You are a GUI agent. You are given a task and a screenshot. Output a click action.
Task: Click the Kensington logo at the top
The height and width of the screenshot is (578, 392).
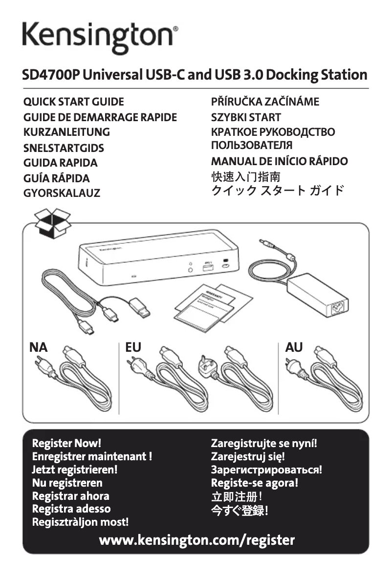(100, 35)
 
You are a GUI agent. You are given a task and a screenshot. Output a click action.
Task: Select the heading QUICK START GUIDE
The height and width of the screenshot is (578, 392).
(73, 102)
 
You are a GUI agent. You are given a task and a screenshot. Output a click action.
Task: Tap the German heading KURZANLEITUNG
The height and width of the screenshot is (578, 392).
(66, 132)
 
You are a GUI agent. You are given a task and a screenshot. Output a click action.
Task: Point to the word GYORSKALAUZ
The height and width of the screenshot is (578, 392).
(62, 193)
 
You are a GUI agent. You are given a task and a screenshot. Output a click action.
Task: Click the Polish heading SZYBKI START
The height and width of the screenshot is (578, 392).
(246, 117)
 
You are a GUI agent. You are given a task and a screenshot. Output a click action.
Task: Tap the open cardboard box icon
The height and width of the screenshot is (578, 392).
(53, 223)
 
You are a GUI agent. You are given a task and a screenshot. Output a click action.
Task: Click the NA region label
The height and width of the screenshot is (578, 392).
(39, 347)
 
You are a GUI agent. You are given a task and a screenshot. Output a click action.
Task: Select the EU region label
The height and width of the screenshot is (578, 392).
(133, 347)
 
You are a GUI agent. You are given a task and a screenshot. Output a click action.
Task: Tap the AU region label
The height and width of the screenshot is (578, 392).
(294, 347)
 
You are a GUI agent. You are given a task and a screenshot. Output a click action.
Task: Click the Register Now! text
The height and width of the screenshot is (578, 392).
(66, 444)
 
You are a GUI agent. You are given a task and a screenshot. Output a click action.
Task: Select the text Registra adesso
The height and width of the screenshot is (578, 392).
(71, 509)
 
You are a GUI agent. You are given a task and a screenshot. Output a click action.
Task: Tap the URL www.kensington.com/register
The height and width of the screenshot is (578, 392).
(196, 540)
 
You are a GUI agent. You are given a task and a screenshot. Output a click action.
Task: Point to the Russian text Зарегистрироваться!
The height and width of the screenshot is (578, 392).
(266, 470)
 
